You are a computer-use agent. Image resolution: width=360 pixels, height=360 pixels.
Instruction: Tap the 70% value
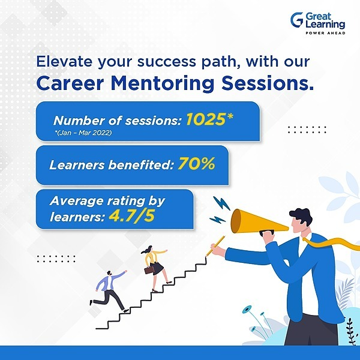tap(196, 163)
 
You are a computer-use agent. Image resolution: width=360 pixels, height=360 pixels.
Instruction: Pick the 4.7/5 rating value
tap(131, 215)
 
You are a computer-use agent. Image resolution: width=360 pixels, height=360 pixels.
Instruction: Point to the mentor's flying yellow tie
tap(333, 244)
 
